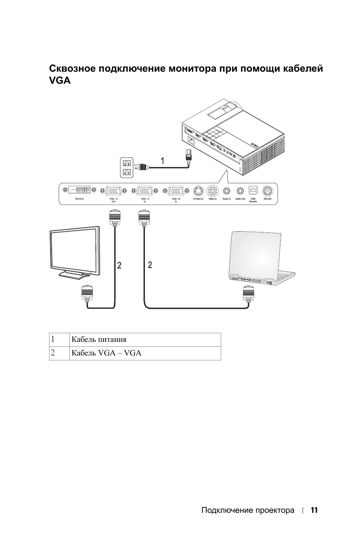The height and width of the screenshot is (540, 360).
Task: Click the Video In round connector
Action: tap(212, 190)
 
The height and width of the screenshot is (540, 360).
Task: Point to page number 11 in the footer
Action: tap(314, 510)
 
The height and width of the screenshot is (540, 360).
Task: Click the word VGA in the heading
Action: tap(60, 80)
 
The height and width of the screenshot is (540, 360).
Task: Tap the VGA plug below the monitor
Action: tap(87, 292)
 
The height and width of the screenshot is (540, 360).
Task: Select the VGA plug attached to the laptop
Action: tap(248, 293)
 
